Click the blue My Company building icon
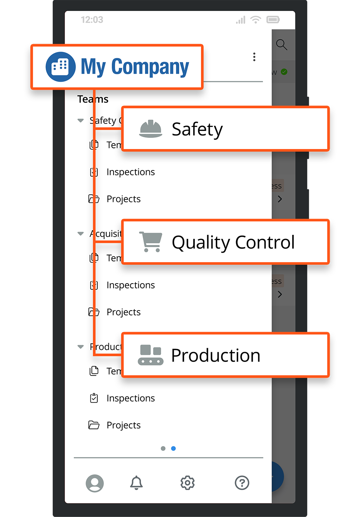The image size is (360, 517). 60,67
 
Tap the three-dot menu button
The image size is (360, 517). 254,57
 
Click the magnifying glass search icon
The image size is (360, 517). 281,45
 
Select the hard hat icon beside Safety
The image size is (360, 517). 150,129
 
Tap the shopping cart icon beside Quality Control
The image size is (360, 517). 150,242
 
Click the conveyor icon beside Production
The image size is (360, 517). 150,355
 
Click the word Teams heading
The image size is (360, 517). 93,99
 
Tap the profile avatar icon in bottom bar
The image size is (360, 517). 95,483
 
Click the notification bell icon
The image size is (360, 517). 136,483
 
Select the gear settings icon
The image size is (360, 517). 187,483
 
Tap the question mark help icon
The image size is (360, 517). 242,483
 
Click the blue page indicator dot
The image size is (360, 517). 173,448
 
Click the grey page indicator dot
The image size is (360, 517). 163,448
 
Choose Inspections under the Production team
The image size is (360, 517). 131,398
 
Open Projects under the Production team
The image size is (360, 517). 124,425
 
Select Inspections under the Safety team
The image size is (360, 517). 131,172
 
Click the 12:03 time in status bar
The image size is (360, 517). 92,20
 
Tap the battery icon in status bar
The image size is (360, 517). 273,20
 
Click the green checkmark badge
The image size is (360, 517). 284,72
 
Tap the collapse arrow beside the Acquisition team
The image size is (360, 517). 80,234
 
